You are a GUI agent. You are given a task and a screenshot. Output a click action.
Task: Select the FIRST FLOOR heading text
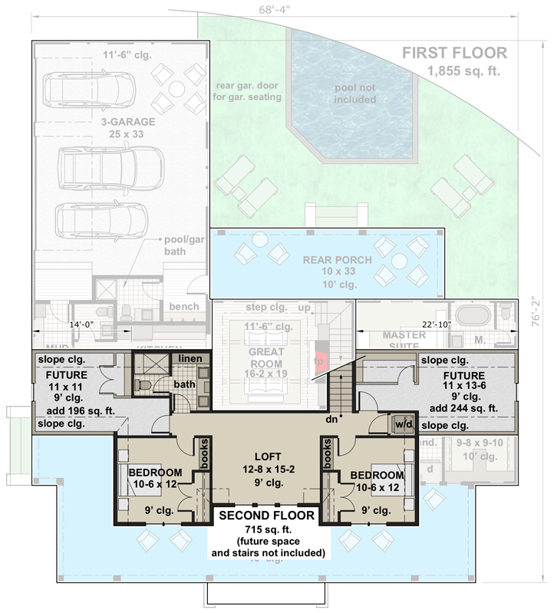pyautogui.click(x=456, y=53)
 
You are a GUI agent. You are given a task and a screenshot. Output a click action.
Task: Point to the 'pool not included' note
pyautogui.click(x=355, y=94)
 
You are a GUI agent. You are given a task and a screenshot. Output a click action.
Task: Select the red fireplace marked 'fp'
pyautogui.click(x=320, y=360)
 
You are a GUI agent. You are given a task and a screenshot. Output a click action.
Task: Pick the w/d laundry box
pyautogui.click(x=403, y=423)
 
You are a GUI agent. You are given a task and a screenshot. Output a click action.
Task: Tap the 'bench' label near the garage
pyautogui.click(x=184, y=306)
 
